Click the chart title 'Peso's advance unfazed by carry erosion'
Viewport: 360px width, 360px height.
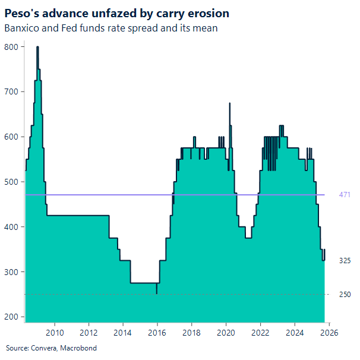point(117,13)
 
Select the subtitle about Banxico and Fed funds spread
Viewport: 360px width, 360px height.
point(110,28)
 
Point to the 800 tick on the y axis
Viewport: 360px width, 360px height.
point(11,46)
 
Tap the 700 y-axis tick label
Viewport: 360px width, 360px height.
point(11,91)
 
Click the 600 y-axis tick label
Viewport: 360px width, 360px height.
point(11,137)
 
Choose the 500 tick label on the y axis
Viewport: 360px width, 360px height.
point(11,182)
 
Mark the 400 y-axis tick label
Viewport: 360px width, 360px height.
point(11,227)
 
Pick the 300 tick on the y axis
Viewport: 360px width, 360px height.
point(11,272)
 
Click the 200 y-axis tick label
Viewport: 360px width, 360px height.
point(11,317)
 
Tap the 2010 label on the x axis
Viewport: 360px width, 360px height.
point(55,332)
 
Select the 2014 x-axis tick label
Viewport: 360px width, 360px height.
point(123,332)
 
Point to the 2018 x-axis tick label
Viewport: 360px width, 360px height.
point(191,332)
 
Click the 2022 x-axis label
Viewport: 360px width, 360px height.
point(260,332)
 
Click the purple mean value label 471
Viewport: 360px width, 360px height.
point(345,195)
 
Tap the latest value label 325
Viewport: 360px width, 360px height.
point(345,261)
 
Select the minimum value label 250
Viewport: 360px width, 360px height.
point(345,295)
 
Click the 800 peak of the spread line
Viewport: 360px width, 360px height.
point(37,47)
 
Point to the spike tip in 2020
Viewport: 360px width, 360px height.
point(229,103)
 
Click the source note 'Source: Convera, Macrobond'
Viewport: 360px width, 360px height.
point(51,348)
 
